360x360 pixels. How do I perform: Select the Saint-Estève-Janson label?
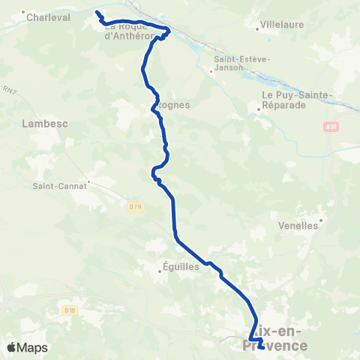tap(238, 63)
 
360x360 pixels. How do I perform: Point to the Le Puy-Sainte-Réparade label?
tap(295, 100)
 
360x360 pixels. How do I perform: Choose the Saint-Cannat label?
tap(60, 186)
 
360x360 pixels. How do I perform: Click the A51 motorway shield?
tap(331, 127)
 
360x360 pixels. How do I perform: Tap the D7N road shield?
tap(135, 207)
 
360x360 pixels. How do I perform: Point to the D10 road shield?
tap(70, 309)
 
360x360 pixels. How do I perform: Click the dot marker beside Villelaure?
tap(258, 29)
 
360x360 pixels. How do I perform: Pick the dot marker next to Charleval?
tap(24, 12)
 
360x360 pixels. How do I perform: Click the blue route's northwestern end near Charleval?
tap(97, 12)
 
